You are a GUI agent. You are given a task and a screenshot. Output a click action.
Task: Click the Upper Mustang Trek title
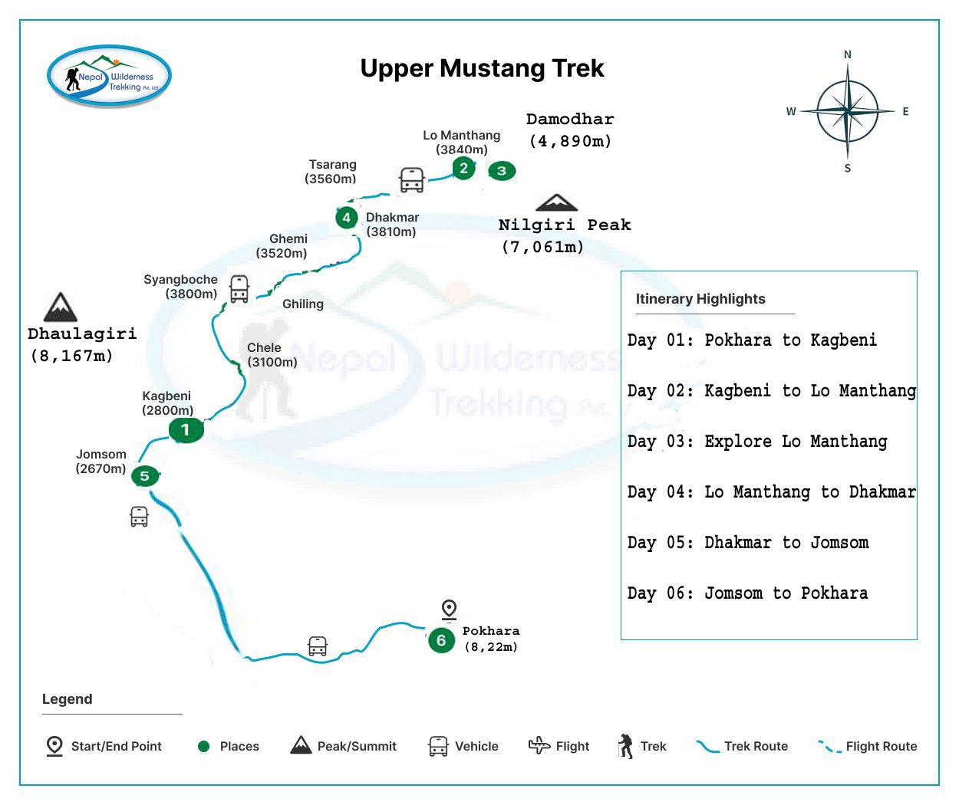point(482,68)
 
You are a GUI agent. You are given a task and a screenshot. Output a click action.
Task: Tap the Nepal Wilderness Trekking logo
point(109,76)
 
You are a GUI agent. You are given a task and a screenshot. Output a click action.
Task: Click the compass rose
point(847,112)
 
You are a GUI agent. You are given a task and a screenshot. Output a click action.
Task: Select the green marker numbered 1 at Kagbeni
point(186,430)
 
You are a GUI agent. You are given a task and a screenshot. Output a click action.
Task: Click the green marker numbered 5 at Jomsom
point(144,476)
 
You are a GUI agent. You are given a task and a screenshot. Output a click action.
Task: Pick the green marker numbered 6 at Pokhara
point(441,640)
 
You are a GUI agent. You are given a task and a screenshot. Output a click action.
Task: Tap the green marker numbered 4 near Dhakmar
point(347,218)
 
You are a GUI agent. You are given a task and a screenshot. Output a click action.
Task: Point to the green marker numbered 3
point(502,170)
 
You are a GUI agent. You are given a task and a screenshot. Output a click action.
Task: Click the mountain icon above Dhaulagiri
point(60,307)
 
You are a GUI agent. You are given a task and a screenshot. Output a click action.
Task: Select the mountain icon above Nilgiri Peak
point(556,202)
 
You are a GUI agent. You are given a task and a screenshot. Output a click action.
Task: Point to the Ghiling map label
point(303,304)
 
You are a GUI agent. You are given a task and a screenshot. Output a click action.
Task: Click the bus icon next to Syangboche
point(239,288)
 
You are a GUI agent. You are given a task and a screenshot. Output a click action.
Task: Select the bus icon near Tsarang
point(412,180)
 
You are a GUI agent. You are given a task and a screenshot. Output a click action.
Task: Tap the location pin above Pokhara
point(450,609)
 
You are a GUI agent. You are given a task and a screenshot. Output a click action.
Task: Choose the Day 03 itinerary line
point(756,442)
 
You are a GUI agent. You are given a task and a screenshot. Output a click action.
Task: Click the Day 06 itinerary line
point(747,593)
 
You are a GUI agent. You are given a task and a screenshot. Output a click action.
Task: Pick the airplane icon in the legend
point(539,745)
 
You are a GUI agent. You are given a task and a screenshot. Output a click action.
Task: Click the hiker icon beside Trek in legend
point(626,746)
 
